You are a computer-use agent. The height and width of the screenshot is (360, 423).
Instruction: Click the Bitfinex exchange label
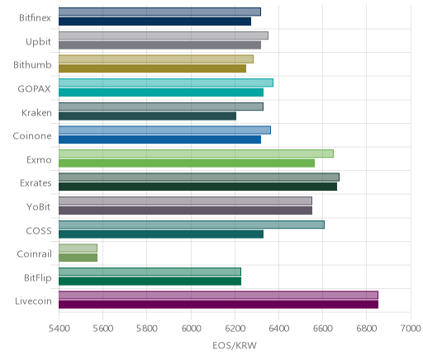point(35,18)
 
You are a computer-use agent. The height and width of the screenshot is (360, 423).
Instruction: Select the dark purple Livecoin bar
point(218,305)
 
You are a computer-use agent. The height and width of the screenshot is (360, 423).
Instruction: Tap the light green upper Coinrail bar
point(78,249)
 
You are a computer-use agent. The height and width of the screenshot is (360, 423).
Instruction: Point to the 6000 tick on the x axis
point(191,329)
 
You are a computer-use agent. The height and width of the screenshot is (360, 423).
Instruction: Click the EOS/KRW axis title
point(235,345)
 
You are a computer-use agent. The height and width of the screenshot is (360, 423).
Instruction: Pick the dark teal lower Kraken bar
point(147,116)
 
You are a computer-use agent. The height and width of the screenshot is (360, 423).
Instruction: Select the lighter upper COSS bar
point(192,225)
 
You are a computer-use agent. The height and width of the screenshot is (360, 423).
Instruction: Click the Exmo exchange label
point(39,160)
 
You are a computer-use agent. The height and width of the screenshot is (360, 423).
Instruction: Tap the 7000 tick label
point(411,329)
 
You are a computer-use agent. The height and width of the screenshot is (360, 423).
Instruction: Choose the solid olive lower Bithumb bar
point(152,69)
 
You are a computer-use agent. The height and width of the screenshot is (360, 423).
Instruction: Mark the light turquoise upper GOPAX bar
point(166,83)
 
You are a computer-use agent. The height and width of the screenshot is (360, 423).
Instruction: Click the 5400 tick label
point(59,329)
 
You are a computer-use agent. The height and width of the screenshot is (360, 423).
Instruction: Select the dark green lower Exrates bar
point(197,187)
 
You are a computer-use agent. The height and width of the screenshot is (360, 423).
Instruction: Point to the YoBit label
point(39,206)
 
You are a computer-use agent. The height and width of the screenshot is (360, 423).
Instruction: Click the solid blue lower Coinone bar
point(159,140)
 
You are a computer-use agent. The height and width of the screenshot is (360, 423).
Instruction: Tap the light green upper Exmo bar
point(196,154)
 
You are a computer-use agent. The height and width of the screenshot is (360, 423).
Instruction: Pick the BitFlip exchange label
point(38,277)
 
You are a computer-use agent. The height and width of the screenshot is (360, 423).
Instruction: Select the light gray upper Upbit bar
point(164,36)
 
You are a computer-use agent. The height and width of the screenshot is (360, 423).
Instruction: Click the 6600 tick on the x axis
point(323,329)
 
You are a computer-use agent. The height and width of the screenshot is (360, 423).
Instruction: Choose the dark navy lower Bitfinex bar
point(154,21)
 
